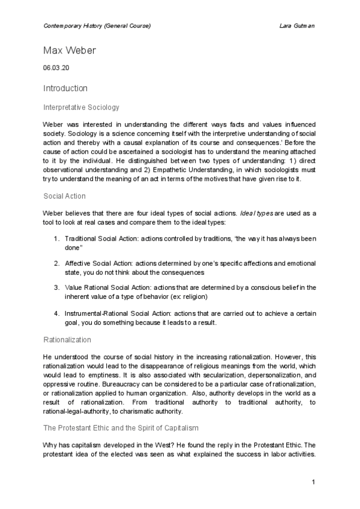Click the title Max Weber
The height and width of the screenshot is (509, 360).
(x=70, y=50)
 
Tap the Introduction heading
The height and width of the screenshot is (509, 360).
(x=65, y=88)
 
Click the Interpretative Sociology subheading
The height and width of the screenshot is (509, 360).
(x=82, y=107)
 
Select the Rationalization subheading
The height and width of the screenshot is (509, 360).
(x=67, y=340)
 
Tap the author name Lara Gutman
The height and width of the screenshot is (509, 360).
(x=298, y=26)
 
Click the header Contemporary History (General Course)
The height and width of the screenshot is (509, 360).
(x=97, y=26)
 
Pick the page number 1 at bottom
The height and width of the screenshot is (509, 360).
(x=314, y=483)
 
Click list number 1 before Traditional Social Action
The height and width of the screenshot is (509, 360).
(x=56, y=238)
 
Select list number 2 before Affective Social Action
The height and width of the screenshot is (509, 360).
(x=56, y=263)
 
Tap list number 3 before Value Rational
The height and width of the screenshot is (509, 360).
(x=56, y=288)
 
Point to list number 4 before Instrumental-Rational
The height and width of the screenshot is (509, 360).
(x=56, y=314)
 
